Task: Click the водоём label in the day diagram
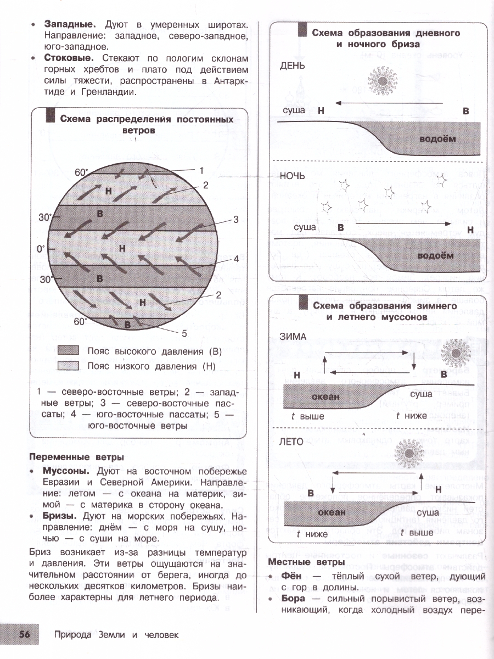coord(437,139)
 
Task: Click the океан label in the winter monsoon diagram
coord(326,396)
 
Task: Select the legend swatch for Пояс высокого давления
coord(69,351)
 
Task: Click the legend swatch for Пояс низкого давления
coord(69,366)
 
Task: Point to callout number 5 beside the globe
coord(184,333)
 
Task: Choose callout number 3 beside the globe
coord(235,220)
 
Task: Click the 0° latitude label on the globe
coord(41,249)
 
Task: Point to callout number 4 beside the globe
coord(235,259)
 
